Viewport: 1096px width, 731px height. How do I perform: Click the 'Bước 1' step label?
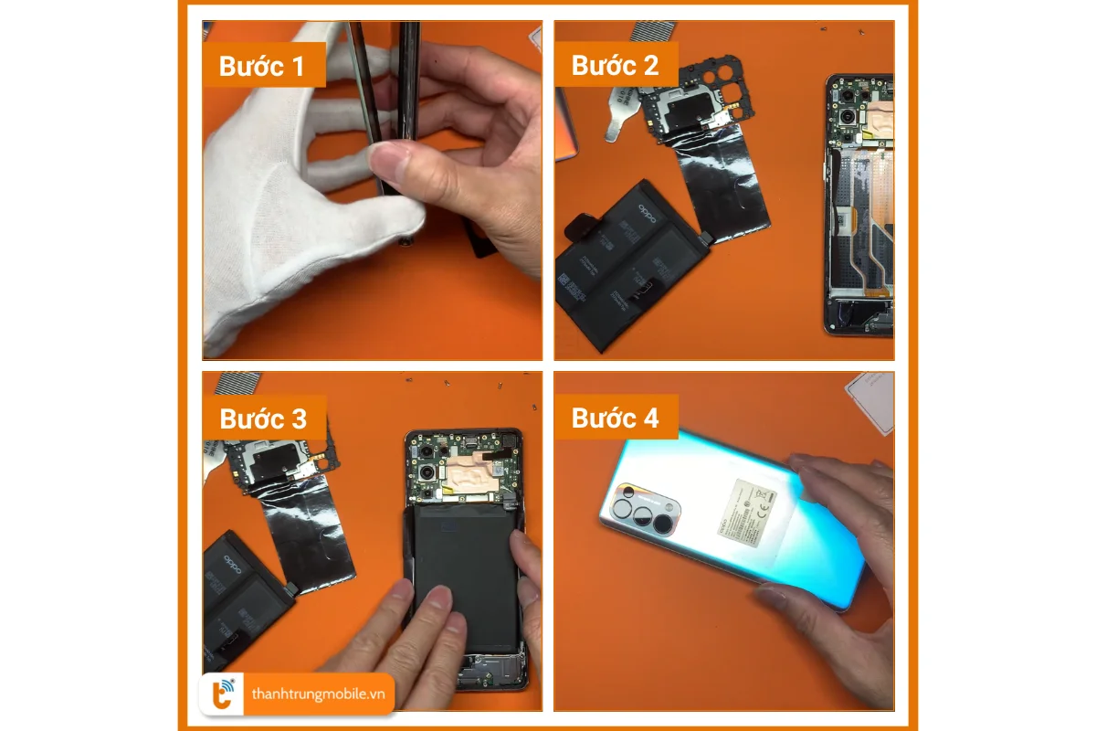tap(263, 67)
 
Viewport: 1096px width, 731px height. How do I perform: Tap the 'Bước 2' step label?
tap(615, 66)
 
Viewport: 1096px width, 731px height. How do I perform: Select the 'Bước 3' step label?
tap(263, 418)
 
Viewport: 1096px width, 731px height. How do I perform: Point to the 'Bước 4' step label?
tap(615, 418)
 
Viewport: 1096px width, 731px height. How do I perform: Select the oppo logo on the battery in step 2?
tap(647, 216)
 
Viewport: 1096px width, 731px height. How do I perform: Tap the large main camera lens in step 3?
tap(427, 474)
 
